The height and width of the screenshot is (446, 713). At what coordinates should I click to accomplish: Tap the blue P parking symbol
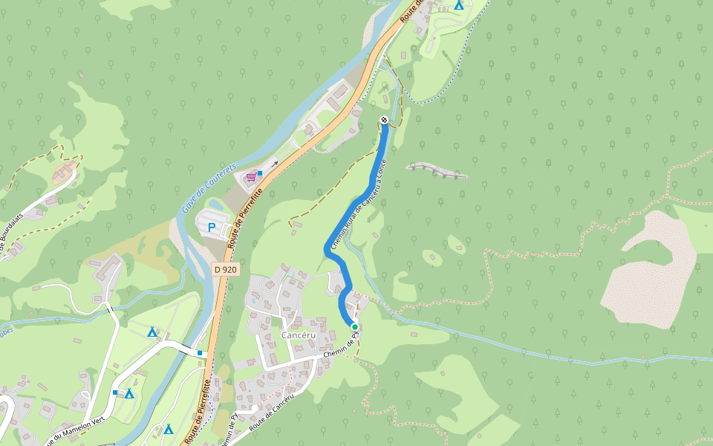211,227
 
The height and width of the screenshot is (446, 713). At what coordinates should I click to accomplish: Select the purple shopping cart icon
251,177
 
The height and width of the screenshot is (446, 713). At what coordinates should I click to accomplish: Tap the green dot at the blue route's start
355,327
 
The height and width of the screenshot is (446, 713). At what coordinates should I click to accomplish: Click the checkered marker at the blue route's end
384,120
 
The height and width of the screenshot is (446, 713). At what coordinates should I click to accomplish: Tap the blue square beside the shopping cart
260,173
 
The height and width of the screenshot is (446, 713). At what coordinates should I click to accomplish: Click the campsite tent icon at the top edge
459,5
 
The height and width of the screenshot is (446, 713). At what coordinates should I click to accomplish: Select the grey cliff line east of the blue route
437,170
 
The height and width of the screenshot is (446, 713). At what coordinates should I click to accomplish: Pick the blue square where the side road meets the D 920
201,352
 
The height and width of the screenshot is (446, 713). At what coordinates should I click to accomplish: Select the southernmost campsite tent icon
169,429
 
